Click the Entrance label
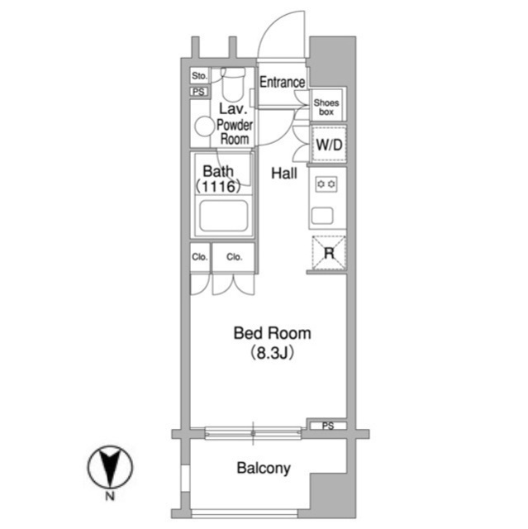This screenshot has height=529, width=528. tap(282, 82)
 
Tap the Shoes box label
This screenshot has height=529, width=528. tap(326, 107)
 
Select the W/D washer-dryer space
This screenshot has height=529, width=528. tap(329, 145)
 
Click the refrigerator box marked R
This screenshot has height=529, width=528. tap(329, 253)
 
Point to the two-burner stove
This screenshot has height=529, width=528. tap(326, 184)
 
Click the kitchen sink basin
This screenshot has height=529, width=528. tap(322, 216)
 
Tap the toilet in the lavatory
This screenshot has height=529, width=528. tap(233, 83)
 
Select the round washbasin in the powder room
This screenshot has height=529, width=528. tap(204, 126)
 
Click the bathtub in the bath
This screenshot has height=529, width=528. tap(224, 216)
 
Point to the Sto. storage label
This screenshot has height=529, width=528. tap(199, 76)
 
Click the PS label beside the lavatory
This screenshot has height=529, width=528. tap(199, 92)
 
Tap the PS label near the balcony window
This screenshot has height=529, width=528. tap(328, 426)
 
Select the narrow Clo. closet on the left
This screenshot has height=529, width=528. tap(200, 257)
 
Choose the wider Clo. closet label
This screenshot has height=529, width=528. tap(235, 257)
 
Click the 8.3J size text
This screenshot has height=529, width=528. tap(273, 353)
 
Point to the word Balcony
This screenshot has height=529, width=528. tap(264, 469)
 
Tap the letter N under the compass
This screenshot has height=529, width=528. tap(110, 496)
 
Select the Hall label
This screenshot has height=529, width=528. tap(284, 174)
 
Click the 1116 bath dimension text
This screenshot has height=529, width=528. tap(218, 186)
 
